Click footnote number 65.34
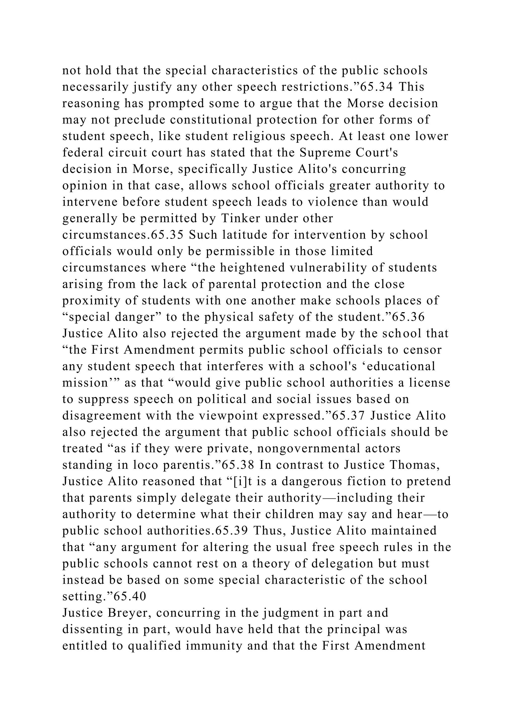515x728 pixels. tap(377, 87)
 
